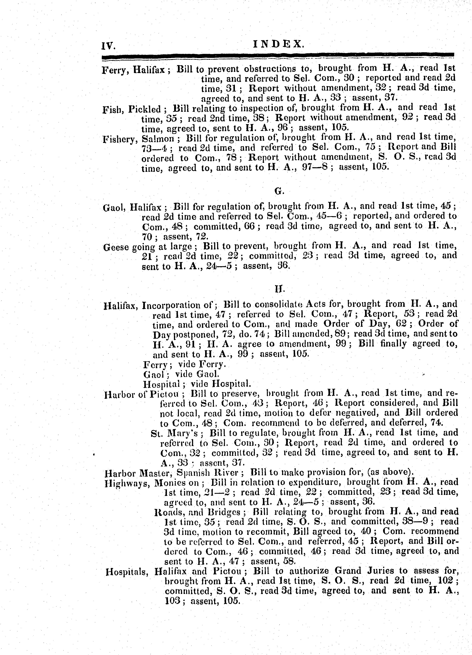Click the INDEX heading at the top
[x=278, y=44]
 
